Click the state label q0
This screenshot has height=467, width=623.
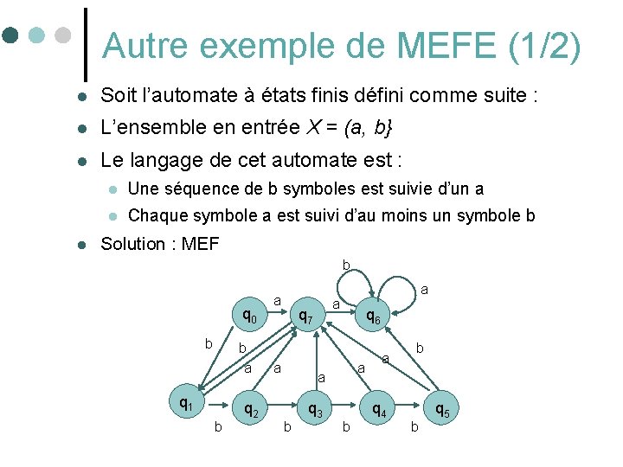click(x=249, y=317)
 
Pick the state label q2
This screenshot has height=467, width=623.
click(x=249, y=412)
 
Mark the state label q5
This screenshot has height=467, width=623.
click(x=441, y=410)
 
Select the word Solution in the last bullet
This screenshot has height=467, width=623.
click(x=132, y=244)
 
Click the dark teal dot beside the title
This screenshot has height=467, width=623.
click(x=10, y=35)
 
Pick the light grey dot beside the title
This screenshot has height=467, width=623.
click(x=61, y=35)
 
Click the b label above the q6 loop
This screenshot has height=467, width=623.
click(x=345, y=265)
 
